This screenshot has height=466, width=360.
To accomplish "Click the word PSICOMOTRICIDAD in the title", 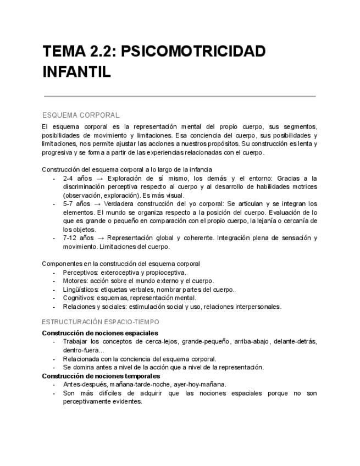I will (192, 52).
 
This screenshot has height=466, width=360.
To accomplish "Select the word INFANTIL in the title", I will (77, 72).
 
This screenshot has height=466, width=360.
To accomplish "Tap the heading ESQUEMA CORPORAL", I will (81, 115).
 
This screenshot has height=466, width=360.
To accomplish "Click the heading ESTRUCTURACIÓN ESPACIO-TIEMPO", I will (101, 321).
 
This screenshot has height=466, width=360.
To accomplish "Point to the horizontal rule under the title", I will (180, 96).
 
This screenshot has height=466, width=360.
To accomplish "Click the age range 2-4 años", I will (77, 179).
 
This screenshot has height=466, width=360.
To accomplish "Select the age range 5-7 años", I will (77, 204).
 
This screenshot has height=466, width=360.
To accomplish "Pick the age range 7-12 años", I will (79, 238).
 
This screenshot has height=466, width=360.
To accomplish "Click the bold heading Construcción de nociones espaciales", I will (100, 333).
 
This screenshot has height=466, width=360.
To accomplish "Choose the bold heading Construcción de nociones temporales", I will (101, 376).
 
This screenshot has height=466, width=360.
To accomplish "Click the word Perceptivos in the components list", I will (80, 272).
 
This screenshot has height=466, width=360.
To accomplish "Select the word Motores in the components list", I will (75, 281).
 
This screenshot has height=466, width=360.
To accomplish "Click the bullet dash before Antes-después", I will (53, 384).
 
